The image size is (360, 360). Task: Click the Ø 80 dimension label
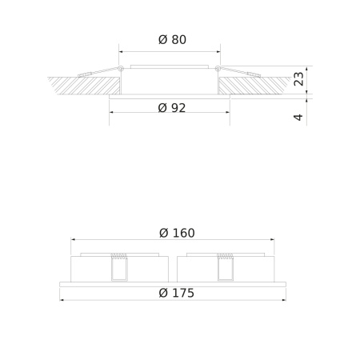172,40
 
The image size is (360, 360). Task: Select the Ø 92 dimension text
172,108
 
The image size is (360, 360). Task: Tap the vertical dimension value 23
298,79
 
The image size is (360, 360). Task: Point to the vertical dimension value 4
298,117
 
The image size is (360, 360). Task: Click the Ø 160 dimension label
177,233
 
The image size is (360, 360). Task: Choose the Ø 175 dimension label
177,293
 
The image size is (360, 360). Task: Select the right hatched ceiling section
254,86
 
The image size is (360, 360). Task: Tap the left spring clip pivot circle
121,68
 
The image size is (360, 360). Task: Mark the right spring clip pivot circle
218,68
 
